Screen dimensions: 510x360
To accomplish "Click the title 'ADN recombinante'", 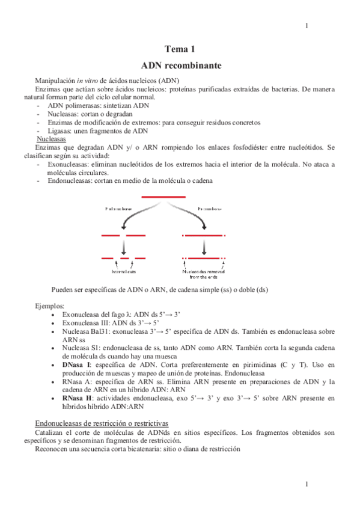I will [180, 64].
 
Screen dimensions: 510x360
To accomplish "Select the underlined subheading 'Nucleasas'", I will [51, 138].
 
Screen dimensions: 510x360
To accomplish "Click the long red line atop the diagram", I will [163, 197].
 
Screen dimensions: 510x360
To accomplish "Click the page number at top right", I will [307, 25].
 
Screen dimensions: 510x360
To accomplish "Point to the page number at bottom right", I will [307, 484].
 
